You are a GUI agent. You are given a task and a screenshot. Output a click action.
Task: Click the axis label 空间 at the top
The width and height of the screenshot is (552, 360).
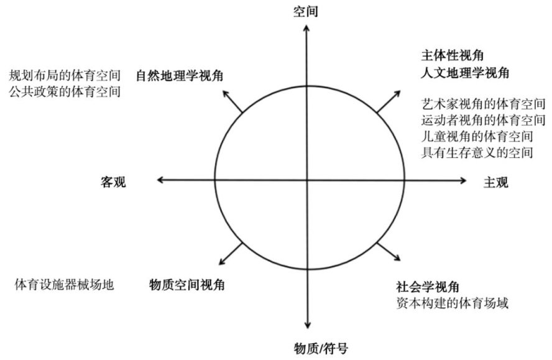[x=307, y=11]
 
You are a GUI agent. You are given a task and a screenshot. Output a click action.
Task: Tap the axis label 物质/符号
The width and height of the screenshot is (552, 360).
[x=309, y=348]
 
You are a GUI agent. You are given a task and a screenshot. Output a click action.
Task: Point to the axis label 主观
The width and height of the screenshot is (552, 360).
[x=496, y=182]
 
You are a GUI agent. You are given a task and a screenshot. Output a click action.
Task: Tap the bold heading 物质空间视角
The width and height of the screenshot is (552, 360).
[x=187, y=285]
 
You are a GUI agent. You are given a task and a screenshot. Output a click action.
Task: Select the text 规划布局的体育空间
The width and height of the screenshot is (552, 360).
[x=64, y=76]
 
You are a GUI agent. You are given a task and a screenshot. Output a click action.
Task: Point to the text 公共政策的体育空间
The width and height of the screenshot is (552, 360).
[x=64, y=92]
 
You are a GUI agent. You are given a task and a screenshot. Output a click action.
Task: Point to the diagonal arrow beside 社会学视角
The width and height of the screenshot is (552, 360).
[x=389, y=252]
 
